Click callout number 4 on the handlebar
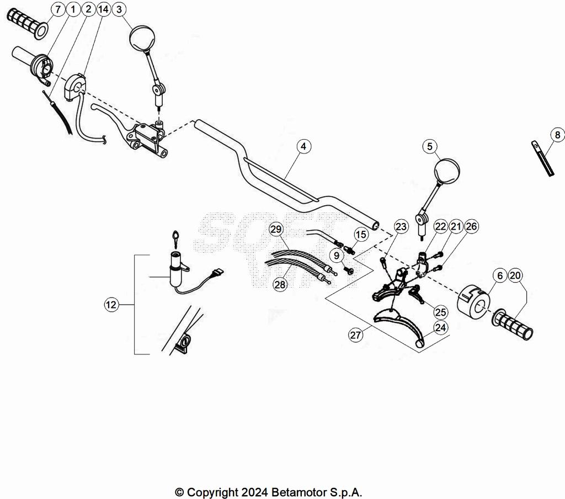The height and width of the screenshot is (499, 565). click(303, 146)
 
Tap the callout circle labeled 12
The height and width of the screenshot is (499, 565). click(111, 304)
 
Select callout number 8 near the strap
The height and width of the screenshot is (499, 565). click(557, 134)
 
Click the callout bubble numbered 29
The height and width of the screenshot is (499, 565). click(276, 229)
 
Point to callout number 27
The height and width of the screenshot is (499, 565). click(355, 334)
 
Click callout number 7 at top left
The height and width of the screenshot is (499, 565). click(58, 9)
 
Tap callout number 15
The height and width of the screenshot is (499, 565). click(360, 235)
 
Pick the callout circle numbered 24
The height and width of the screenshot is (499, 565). click(440, 327)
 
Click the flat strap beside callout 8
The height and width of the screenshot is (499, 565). click(542, 158)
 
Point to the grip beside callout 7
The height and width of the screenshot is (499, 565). click(26, 22)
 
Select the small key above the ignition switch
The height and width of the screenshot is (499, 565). click(175, 235)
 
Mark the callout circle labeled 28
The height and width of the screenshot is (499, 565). click(280, 284)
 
